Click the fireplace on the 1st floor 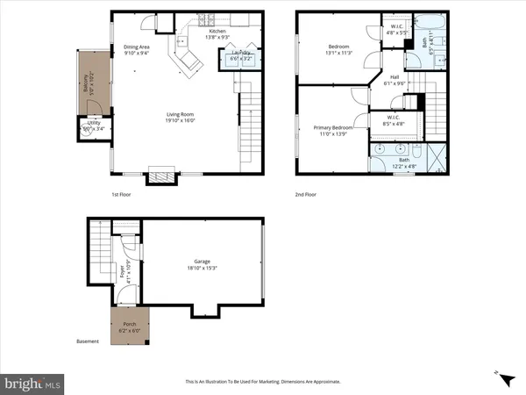tap(160, 175)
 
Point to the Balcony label tap(86, 83)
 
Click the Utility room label tap(88, 125)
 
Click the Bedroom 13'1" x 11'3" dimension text tap(339, 51)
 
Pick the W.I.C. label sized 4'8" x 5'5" tap(397, 27)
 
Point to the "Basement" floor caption tap(88, 342)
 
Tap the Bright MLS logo tap(32, 384)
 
